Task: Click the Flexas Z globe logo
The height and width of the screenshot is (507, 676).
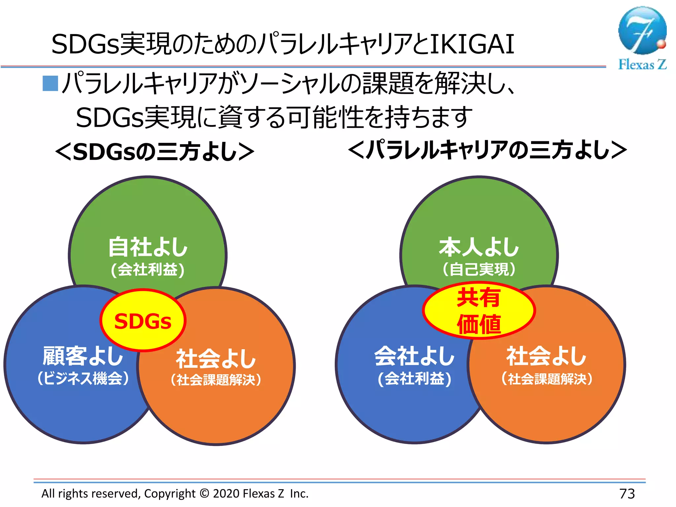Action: click(642, 30)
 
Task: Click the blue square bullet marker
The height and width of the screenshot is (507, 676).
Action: click(50, 83)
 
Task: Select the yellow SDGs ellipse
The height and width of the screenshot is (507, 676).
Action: click(143, 320)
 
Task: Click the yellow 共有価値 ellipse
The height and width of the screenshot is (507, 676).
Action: click(479, 310)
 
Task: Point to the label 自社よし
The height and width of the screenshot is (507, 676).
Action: click(148, 247)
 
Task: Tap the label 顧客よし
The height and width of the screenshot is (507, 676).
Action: click(83, 356)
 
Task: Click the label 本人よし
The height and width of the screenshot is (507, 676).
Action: click(479, 247)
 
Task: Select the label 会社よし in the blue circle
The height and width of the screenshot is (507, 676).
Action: click(414, 356)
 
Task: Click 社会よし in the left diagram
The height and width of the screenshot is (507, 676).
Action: click(216, 358)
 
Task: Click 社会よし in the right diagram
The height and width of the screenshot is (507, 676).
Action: click(546, 356)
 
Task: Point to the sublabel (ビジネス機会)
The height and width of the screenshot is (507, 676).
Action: click(83, 378)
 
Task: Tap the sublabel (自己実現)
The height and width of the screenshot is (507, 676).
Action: click(479, 269)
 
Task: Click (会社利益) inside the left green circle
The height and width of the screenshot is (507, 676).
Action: click(148, 269)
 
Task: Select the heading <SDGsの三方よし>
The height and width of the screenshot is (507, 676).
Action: click(154, 152)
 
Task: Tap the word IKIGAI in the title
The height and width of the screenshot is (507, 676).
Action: click(472, 44)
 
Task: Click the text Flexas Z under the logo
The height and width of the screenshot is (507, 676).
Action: click(642, 64)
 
